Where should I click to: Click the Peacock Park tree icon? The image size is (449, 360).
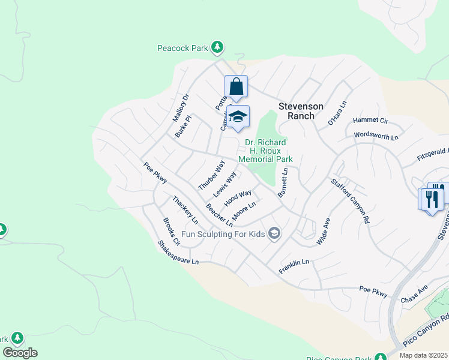[x=217, y=47]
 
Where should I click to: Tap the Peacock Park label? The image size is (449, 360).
[x=183, y=47]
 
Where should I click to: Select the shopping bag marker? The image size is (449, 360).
[x=237, y=86]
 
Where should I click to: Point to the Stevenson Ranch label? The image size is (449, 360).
[x=301, y=111]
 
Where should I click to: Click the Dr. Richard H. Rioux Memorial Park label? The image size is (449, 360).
[x=265, y=151]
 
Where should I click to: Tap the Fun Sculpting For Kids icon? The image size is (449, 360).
[x=274, y=233]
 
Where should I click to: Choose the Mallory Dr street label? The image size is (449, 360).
[x=181, y=106]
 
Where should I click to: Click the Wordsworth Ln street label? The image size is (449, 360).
[x=376, y=137]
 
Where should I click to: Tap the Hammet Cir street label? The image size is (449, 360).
[x=370, y=121]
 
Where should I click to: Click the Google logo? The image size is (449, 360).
[x=20, y=353]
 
